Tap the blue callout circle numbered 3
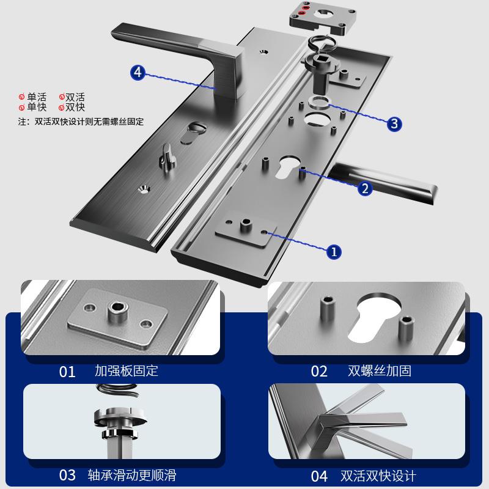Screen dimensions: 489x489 click(x=395, y=124)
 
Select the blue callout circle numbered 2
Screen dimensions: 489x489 click(x=364, y=188)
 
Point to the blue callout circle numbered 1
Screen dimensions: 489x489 click(x=334, y=251)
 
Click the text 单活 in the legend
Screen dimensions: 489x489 click(x=36, y=97)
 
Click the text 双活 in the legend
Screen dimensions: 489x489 click(x=75, y=97)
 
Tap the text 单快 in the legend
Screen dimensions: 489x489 click(x=36, y=107)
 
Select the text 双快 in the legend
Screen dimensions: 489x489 click(x=75, y=107)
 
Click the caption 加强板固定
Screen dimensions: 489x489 click(x=127, y=370)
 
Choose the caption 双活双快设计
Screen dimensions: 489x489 click(x=380, y=475)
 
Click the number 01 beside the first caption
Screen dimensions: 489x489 click(x=67, y=372)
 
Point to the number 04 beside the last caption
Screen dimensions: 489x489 click(x=319, y=476)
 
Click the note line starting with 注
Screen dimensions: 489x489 click(x=81, y=121)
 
